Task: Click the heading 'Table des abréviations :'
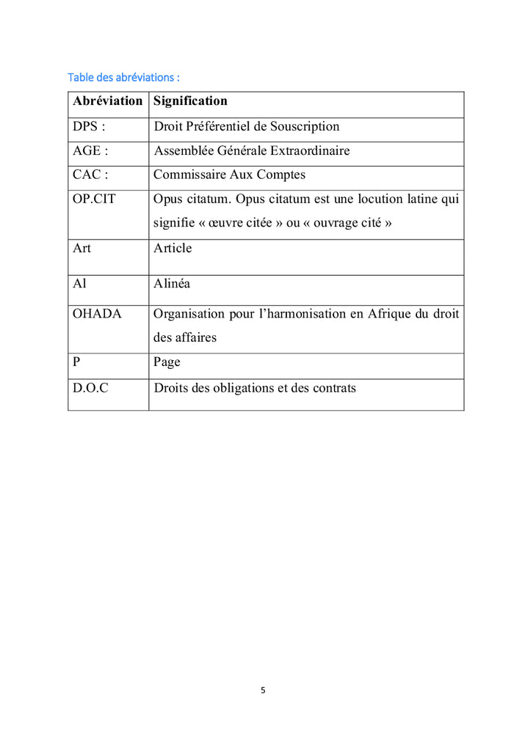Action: point(123,77)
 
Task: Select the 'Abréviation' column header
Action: point(107,101)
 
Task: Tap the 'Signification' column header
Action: point(190,101)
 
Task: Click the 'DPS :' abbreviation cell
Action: point(89,126)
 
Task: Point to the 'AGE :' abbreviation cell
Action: point(90,151)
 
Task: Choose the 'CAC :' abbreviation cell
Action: point(90,175)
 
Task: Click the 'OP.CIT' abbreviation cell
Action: point(94,199)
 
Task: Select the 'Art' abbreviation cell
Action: point(82,248)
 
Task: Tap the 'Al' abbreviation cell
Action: point(79,284)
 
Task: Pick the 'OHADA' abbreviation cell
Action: point(97,314)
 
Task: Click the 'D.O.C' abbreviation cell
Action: point(90,388)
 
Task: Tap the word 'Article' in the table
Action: point(173,248)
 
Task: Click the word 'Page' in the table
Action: point(167,362)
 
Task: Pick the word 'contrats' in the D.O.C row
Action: point(333,388)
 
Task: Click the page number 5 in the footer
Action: point(263,690)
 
